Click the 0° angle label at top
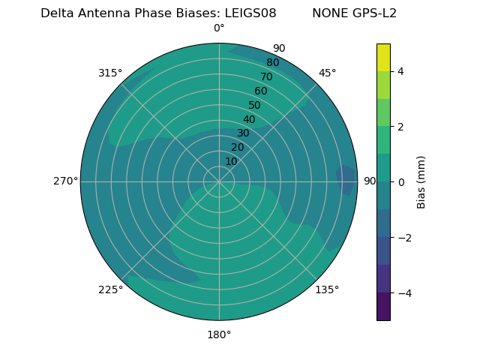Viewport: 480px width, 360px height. click(x=219, y=28)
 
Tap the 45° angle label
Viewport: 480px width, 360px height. click(x=327, y=73)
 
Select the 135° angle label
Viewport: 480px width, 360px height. click(x=327, y=289)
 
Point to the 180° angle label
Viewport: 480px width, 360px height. click(x=219, y=334)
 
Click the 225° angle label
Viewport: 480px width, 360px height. click(x=110, y=289)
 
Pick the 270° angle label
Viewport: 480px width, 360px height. click(x=65, y=181)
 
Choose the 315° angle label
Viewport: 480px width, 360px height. click(x=110, y=73)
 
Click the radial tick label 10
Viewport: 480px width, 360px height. click(x=231, y=161)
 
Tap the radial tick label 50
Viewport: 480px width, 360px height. click(x=254, y=106)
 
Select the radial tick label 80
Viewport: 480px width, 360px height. click(x=272, y=62)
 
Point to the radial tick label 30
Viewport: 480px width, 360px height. click(x=243, y=133)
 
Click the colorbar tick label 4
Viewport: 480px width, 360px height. click(x=400, y=71)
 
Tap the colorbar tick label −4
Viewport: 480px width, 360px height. click(x=403, y=293)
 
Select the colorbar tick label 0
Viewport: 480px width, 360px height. click(x=400, y=182)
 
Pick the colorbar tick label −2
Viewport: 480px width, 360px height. click(x=403, y=238)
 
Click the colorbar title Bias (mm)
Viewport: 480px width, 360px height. click(x=421, y=182)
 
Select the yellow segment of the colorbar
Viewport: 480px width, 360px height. click(x=383, y=57)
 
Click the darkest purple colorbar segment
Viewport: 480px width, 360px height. click(x=383, y=307)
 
